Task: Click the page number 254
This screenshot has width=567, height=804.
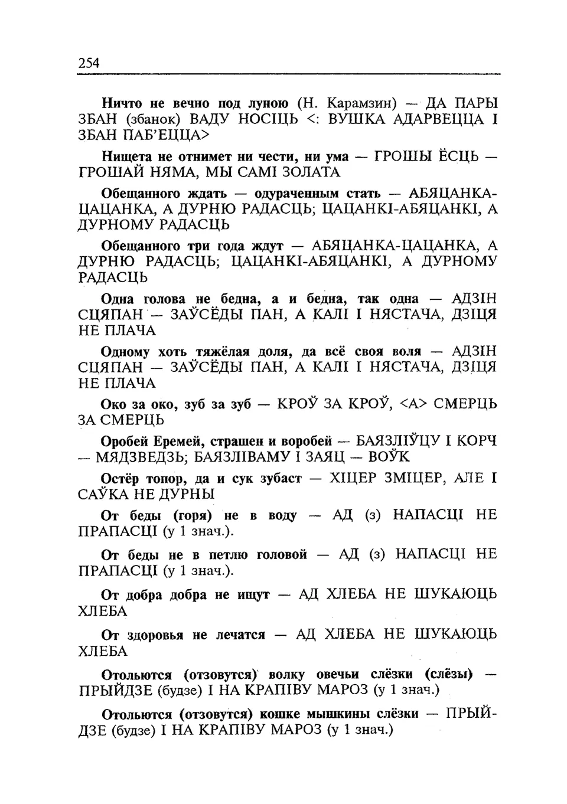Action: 89,63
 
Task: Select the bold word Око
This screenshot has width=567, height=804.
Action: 113,404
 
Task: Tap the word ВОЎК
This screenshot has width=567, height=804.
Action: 389,457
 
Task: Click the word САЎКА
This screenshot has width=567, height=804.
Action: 101,494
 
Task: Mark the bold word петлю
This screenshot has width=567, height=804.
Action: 228,555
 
